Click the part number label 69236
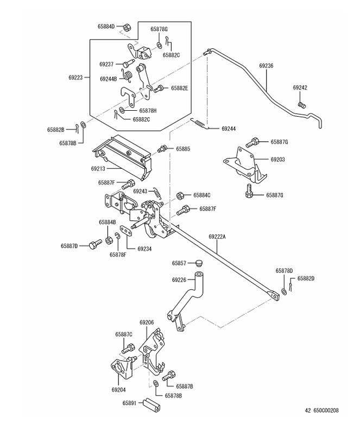pyautogui.click(x=267, y=65)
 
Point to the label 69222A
pyautogui.click(x=218, y=237)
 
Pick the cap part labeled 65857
pyautogui.click(x=198, y=263)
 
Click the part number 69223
pyautogui.click(x=75, y=78)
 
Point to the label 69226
pyautogui.click(x=179, y=280)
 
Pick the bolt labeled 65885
pyautogui.click(x=162, y=148)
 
